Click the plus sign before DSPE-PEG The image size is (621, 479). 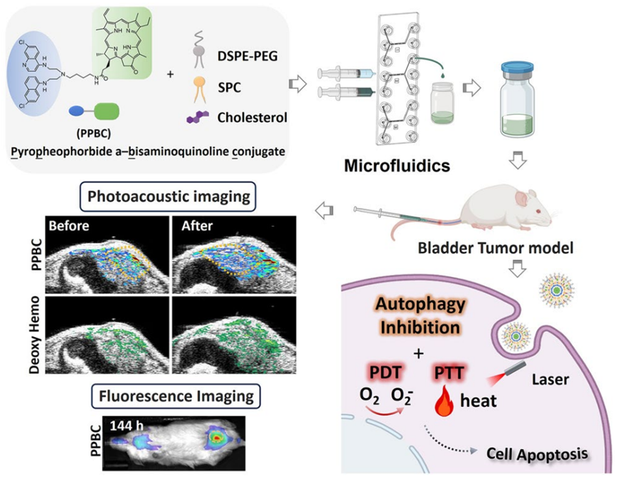(171, 73)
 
